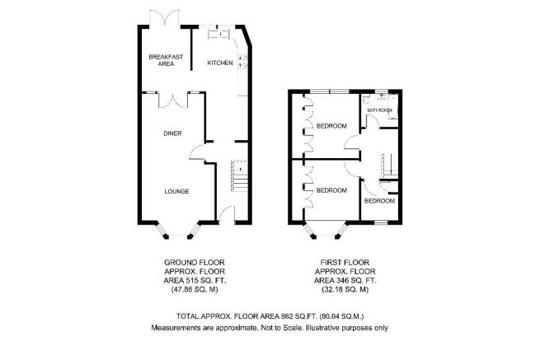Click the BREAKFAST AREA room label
[x=166, y=60]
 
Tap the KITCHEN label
[x=220, y=63]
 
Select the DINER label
[x=172, y=133]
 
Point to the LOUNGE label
[x=176, y=191]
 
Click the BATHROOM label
[x=379, y=110]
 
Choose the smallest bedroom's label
[x=379, y=201]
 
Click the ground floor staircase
[x=239, y=175]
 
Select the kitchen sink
[x=218, y=34]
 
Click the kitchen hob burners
[x=242, y=61]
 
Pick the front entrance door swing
[x=226, y=213]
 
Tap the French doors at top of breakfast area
[x=165, y=18]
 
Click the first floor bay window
[x=326, y=230]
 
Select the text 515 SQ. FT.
[x=204, y=281]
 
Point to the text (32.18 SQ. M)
[x=345, y=290]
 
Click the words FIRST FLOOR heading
[x=345, y=263]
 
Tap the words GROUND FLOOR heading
[x=195, y=263]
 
